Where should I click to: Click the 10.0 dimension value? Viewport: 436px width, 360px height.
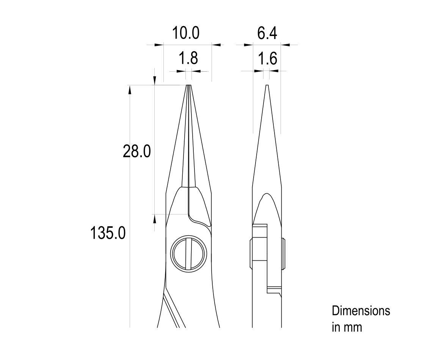pyautogui.click(x=186, y=33)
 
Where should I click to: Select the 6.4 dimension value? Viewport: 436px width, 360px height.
pyautogui.click(x=267, y=33)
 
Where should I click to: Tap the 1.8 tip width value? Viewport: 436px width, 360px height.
pyautogui.click(x=188, y=58)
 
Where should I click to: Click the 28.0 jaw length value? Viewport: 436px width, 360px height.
pyautogui.click(x=137, y=152)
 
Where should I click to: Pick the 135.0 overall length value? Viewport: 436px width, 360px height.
pyautogui.click(x=108, y=233)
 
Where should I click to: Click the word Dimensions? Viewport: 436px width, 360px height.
pyautogui.click(x=361, y=311)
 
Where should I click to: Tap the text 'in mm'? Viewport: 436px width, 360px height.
pyautogui.click(x=347, y=327)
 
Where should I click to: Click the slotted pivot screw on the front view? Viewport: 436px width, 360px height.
pyautogui.click(x=189, y=254)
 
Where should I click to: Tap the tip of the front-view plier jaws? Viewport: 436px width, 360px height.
pyautogui.click(x=188, y=85)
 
